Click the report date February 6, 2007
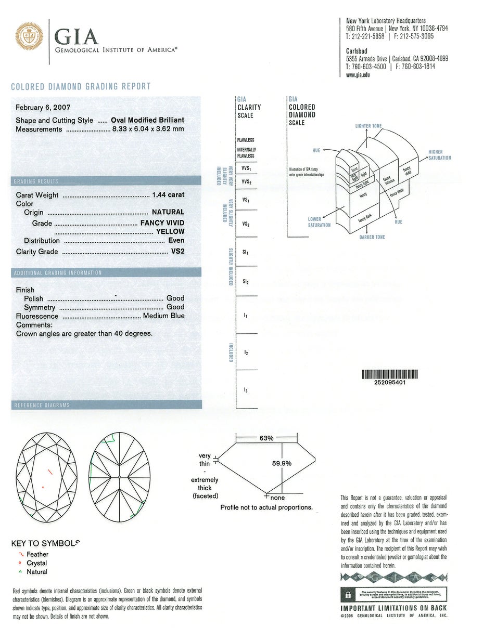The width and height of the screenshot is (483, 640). [47, 108]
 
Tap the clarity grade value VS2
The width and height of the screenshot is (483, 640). [177, 252]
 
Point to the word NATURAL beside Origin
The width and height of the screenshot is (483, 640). [168, 212]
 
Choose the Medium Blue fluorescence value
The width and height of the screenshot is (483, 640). [163, 316]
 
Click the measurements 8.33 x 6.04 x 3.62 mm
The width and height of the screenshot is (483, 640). [148, 129]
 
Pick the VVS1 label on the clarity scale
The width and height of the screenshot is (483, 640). [246, 168]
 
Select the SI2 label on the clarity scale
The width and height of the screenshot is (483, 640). [246, 281]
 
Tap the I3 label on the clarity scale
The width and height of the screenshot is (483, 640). [246, 389]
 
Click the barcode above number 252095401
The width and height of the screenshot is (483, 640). [390, 374]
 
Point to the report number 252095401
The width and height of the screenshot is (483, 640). [390, 383]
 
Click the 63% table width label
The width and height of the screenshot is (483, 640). [266, 438]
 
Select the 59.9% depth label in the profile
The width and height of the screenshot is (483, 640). [282, 463]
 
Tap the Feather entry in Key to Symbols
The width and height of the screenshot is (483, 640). [37, 554]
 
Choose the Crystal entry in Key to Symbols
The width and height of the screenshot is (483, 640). [36, 563]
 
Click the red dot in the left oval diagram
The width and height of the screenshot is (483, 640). [43, 487]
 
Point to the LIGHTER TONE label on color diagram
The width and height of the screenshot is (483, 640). [368, 126]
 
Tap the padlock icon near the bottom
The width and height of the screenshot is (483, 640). [347, 594]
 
